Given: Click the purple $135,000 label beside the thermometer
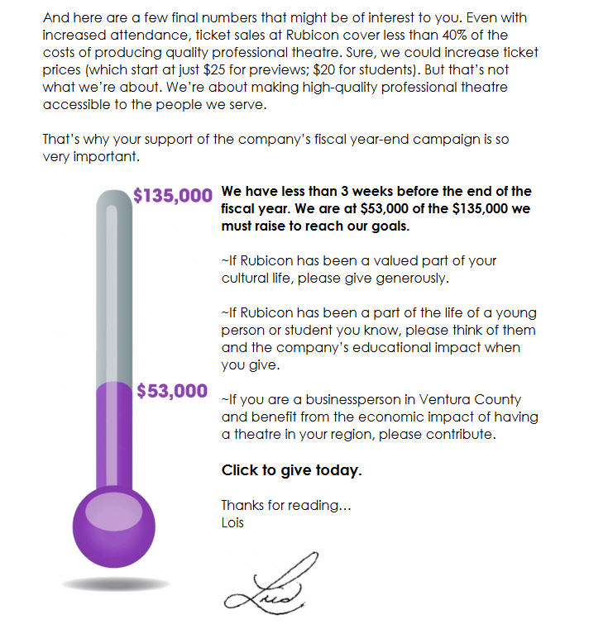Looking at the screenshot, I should coord(173,196).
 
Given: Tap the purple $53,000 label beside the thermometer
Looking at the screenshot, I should coord(172,391).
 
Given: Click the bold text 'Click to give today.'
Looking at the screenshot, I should coord(291,470).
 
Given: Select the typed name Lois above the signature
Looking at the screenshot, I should coord(233,522).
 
